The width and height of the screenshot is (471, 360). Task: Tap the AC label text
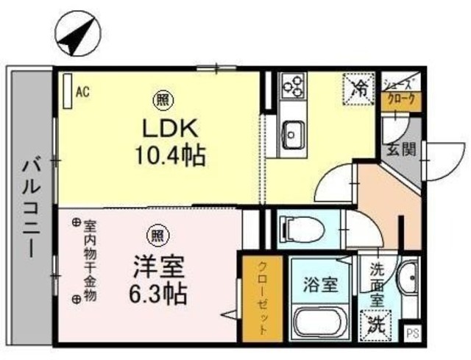click(82, 92)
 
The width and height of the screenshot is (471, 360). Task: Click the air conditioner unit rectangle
click(68, 91)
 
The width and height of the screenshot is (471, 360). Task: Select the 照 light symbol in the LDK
click(163, 101)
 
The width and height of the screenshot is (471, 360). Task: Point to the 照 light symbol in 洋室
click(157, 236)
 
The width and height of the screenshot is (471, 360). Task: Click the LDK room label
click(170, 129)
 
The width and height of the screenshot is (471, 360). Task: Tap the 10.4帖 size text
click(171, 155)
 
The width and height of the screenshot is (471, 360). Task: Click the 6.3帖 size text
click(158, 293)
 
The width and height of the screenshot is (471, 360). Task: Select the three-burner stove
click(293, 85)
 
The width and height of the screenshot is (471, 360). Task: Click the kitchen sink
click(294, 135)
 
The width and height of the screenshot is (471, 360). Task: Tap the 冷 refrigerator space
click(359, 89)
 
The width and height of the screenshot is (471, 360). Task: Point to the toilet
click(302, 230)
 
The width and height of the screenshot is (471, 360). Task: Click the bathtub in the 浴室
click(320, 322)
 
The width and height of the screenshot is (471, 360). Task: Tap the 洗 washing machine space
click(376, 325)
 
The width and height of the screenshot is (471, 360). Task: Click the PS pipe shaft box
click(413, 333)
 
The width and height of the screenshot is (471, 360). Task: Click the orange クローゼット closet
click(263, 299)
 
